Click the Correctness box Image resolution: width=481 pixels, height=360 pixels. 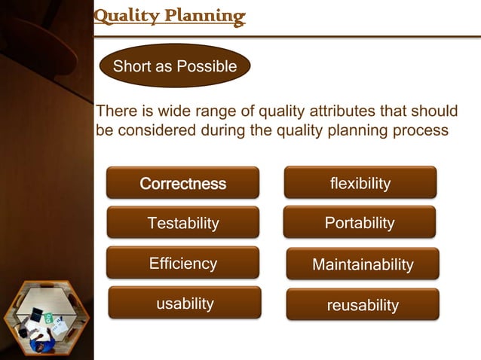tap(182, 183)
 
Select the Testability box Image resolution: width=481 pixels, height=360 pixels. tap(182, 223)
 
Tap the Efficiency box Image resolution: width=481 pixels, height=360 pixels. tap(182, 263)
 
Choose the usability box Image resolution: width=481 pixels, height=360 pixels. tap(185, 303)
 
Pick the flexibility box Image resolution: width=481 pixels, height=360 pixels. tap(360, 183)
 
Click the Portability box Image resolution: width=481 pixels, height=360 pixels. tap(360, 223)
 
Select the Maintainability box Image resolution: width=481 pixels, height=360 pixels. tap(363, 264)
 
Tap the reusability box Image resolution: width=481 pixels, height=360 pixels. tap(363, 305)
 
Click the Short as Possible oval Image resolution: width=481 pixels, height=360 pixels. tap(175, 66)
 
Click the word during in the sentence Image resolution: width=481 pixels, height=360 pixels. tap(223, 130)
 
